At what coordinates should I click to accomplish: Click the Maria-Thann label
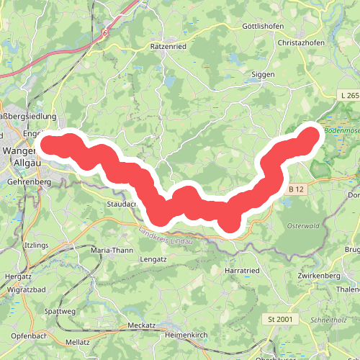(x=113, y=250)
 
